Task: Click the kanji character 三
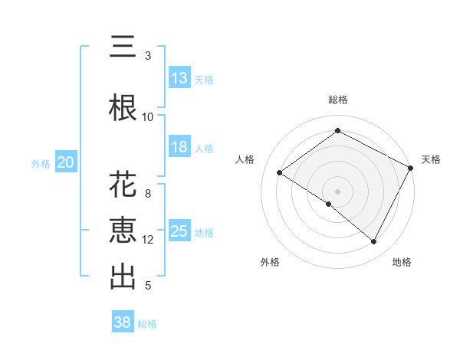point(123,47)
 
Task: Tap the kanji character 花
point(123,185)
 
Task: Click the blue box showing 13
point(179,78)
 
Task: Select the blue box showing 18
point(179,147)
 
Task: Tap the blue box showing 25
point(179,231)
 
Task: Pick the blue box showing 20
point(65,162)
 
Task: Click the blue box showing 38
point(122,323)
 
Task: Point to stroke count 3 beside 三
point(148,56)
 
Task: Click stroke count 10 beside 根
point(148,117)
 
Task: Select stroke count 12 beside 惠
point(148,240)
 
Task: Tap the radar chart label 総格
point(338,100)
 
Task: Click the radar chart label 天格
point(431,159)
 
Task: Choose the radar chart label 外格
point(270,262)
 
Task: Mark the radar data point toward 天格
point(410,168)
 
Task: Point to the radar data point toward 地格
point(374,242)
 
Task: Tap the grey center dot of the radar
point(337,191)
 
